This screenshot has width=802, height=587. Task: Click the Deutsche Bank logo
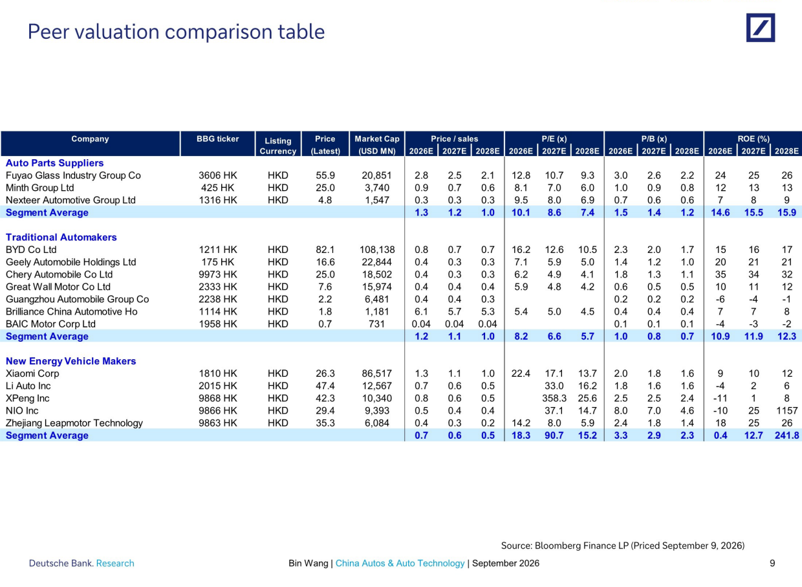pos(761,28)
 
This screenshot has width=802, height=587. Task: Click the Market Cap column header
pos(377,145)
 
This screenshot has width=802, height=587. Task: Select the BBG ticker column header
pos(218,138)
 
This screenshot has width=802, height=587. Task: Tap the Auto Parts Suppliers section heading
pos(54,163)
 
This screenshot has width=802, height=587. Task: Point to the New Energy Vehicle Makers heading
pos(71,361)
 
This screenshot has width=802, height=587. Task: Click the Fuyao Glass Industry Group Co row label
pos(73,175)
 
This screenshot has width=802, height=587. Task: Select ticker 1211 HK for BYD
pos(218,250)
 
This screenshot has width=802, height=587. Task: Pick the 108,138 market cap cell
pos(377,250)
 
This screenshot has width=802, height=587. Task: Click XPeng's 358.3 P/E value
pos(554,398)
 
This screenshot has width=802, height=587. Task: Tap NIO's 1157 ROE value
pos(786,411)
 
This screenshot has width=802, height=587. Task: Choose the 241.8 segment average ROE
pos(786,436)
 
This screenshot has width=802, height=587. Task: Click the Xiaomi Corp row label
pos(32,373)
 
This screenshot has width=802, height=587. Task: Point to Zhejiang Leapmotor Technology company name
pos(74,423)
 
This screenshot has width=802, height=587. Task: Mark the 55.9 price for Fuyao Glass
pos(325,175)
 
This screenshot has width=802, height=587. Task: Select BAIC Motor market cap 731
pos(376,324)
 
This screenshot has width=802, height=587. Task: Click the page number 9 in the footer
pos(772,563)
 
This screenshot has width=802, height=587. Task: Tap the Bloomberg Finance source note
pos(623,546)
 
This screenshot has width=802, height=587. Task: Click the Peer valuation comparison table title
pos(176,32)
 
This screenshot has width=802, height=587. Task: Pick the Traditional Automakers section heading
pos(61,238)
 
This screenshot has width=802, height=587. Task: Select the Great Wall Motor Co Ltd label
pos(58,287)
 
